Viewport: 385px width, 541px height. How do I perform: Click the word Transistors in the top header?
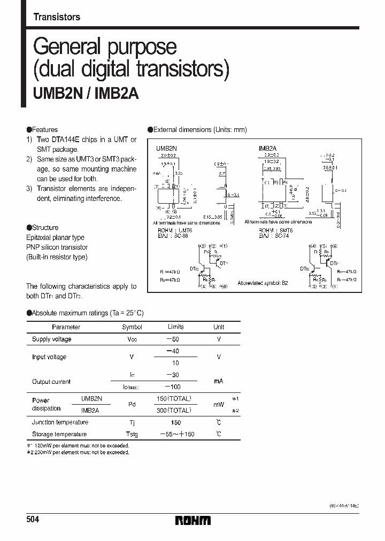[57, 17]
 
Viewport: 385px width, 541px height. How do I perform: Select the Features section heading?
[42, 130]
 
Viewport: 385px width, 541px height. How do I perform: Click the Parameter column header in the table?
[66, 327]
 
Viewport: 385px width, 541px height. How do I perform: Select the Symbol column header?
[132, 327]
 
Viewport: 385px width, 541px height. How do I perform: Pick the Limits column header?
[175, 327]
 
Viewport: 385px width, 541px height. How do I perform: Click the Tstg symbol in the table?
[132, 435]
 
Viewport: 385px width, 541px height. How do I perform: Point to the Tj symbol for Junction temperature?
[132, 422]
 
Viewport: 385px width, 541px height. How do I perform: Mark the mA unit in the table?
[219, 381]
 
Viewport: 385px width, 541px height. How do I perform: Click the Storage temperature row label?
[59, 435]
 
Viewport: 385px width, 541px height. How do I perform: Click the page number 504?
[33, 520]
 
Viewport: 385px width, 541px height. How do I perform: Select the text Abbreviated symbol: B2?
[263, 283]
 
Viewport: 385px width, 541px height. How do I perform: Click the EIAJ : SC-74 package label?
[274, 235]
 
